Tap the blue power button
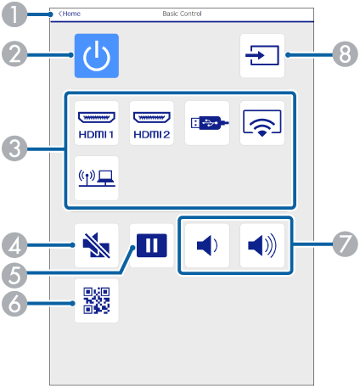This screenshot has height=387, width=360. coord(97,56)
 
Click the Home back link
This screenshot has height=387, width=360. coord(70,14)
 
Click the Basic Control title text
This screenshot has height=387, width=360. coord(182,14)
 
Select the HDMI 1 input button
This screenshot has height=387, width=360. coord(97,123)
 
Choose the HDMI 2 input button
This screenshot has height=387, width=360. coord(152,123)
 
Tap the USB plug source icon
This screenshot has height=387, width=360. coord(207,123)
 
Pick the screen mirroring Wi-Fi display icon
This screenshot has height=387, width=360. coord(262,123)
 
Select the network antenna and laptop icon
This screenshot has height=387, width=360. coord(97,178)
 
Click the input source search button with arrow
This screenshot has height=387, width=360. coord(262,56)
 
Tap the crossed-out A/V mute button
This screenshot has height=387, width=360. coord(97,245)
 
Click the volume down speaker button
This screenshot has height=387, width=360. coord(207,245)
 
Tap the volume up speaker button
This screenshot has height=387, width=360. coord(262,245)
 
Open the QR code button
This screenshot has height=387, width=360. coord(97,300)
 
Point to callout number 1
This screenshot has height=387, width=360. coord(14,14)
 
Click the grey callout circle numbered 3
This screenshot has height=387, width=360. coord(14,149)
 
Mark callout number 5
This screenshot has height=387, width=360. coord(14,275)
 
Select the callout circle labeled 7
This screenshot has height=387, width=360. coord(346,244)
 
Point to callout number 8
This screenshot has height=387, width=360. coord(346,54)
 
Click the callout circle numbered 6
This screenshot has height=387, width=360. coord(14,304)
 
